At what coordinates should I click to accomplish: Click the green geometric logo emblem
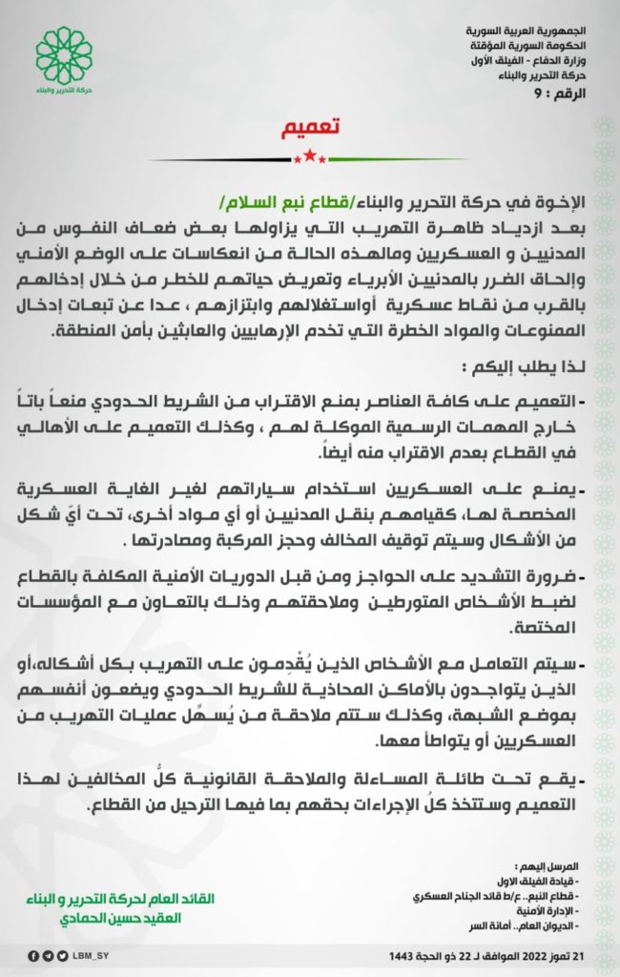point(65,53)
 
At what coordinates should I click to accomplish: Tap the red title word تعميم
point(310,127)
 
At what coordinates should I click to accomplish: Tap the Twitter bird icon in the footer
point(62,955)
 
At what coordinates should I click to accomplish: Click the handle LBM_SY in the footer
point(93,955)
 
